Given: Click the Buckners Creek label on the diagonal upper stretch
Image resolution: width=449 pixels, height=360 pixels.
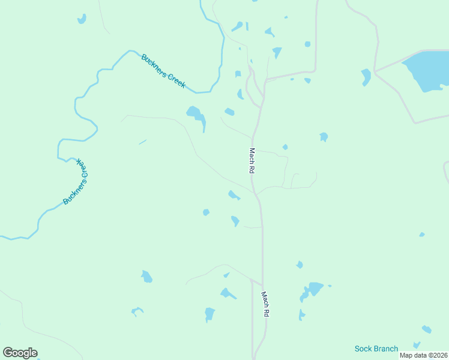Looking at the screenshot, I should click(x=163, y=71).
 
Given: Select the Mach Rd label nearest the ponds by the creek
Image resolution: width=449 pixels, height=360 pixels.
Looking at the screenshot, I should click(x=253, y=161).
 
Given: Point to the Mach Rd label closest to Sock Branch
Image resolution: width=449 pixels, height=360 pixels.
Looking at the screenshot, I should click(x=265, y=304).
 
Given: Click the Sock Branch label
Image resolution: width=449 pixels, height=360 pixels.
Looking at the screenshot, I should click(x=376, y=349).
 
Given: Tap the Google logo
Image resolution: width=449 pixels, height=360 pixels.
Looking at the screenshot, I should click(x=20, y=353).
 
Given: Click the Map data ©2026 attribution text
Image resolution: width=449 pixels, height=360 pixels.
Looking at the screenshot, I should click(x=423, y=355).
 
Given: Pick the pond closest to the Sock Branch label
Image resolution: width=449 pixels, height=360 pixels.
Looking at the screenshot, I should click(x=426, y=329).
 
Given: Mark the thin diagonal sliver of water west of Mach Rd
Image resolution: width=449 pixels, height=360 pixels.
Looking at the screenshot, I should click(x=142, y=142).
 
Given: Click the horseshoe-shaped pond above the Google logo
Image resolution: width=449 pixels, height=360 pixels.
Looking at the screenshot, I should click(x=137, y=311).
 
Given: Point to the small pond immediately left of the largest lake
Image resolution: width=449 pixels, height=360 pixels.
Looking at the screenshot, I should click(x=366, y=76).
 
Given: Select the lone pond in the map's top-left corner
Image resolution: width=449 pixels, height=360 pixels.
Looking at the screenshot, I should click(x=82, y=19).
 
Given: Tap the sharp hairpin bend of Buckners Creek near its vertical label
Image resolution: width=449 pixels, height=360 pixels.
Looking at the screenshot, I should click(x=60, y=158).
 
